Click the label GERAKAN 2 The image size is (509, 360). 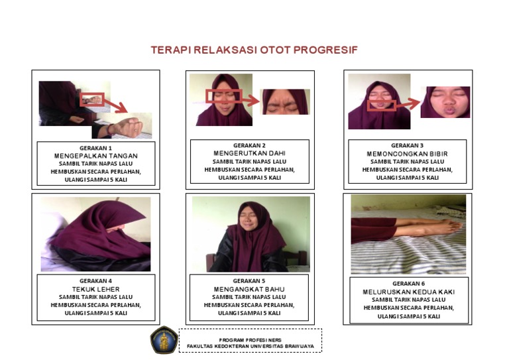click(x=249, y=145)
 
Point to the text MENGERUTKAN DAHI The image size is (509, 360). click(x=249, y=153)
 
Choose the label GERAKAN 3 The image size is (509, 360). click(x=407, y=145)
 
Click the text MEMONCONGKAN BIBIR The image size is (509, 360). click(x=407, y=153)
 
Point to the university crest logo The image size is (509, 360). click(x=162, y=339)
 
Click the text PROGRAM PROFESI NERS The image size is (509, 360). click(x=250, y=339)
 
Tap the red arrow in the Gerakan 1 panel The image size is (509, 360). click(x=118, y=107)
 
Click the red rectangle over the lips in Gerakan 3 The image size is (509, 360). click(x=381, y=105)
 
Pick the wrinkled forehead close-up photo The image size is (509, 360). click(x=285, y=101)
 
